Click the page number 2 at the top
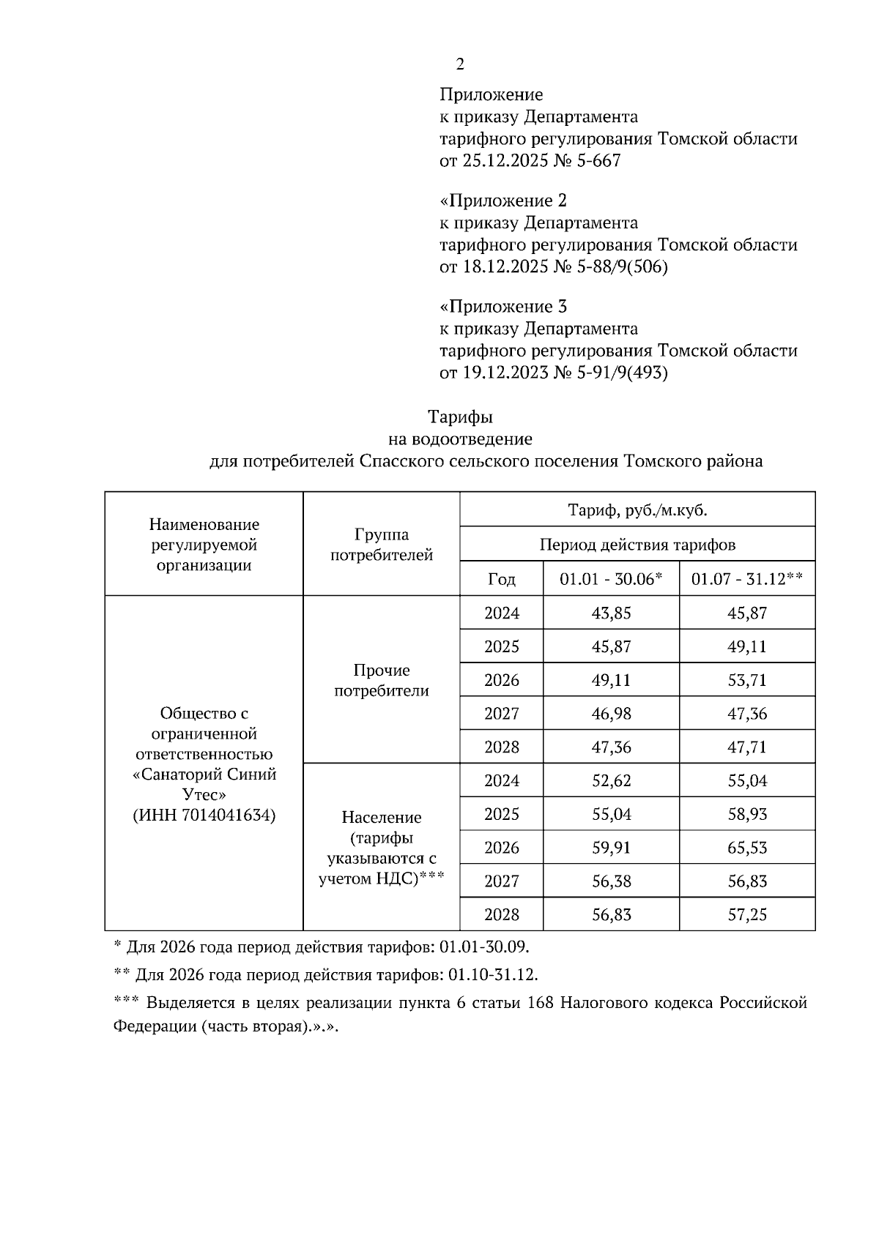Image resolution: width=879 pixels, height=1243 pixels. point(459,64)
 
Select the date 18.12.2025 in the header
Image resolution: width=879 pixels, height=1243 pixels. point(505,267)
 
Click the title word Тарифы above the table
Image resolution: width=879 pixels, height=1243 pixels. point(460,417)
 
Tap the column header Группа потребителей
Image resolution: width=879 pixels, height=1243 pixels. point(381,545)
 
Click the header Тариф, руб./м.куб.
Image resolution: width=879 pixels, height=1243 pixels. point(637,510)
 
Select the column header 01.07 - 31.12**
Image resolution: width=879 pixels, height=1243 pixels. point(747,579)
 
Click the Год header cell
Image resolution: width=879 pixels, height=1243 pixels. point(501,579)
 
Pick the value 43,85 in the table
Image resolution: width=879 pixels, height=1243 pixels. point(611,613)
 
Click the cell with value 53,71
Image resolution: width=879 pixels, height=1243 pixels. point(747,680)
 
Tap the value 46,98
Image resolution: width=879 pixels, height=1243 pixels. point(611,714)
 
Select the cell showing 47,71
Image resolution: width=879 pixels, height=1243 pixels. point(747,747)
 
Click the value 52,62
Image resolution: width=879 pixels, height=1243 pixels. point(611,781)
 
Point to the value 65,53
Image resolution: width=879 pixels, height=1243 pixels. point(747,848)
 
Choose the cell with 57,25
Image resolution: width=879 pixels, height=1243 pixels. point(747,915)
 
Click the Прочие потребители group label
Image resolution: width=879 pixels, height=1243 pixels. point(381,680)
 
